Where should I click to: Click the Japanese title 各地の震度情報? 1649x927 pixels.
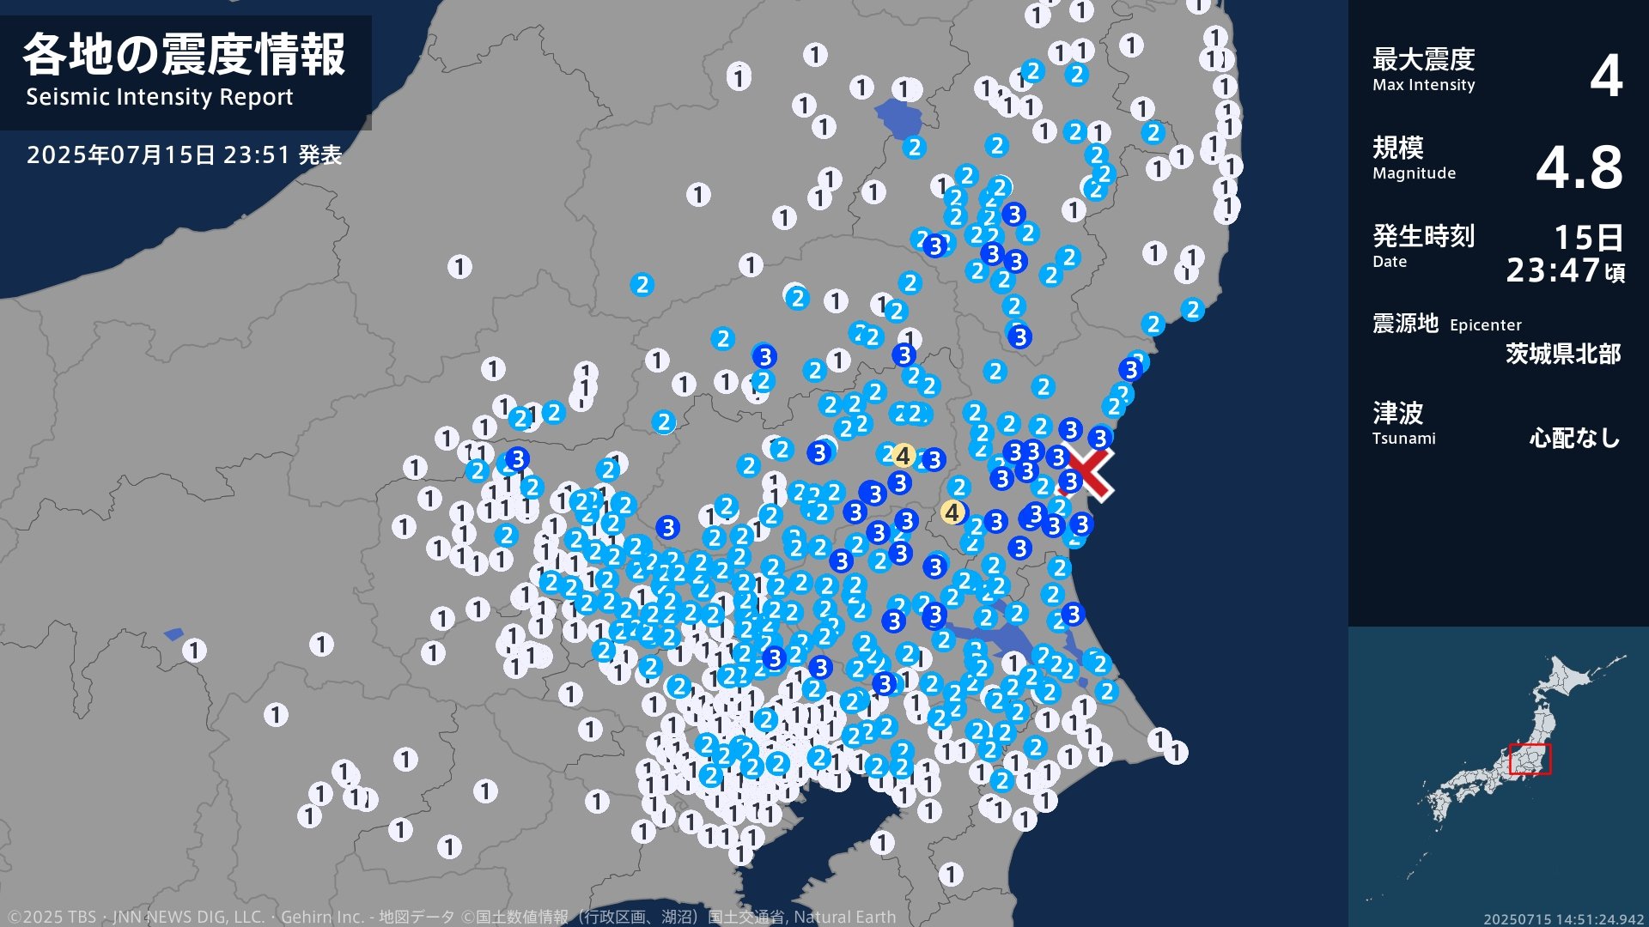click(x=184, y=55)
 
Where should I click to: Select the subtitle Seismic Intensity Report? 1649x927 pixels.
click(x=159, y=97)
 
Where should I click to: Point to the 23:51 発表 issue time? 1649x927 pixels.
click(x=283, y=155)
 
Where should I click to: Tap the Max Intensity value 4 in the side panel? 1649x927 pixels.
click(x=1605, y=76)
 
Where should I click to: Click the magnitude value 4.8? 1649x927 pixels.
click(x=1579, y=167)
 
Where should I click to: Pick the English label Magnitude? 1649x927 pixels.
click(x=1414, y=173)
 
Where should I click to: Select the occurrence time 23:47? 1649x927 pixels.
click(x=1553, y=271)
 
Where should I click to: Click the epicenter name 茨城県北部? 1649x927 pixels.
click(x=1562, y=354)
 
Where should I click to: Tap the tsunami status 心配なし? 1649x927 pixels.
click(x=1574, y=439)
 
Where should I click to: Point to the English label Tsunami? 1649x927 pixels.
click(x=1403, y=439)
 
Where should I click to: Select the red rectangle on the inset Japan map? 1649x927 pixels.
click(x=1530, y=760)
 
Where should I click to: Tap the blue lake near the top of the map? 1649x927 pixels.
click(x=898, y=118)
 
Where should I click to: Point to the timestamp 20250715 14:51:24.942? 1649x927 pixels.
click(x=1563, y=919)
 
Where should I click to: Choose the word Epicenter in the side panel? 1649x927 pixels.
click(x=1485, y=325)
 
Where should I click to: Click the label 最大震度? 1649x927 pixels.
click(x=1423, y=59)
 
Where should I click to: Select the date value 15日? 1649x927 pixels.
click(x=1588, y=237)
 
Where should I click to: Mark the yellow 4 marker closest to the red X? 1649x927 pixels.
click(x=952, y=512)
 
